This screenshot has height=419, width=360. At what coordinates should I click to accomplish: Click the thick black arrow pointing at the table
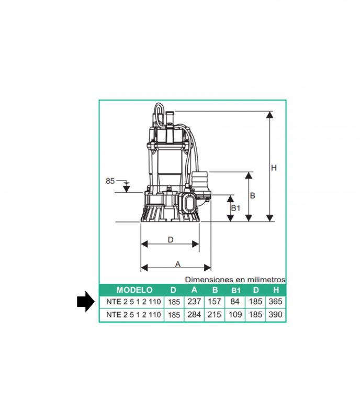[x=85, y=302]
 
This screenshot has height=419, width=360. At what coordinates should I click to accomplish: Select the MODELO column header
[x=134, y=290]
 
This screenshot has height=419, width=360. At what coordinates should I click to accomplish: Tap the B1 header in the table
[x=235, y=290]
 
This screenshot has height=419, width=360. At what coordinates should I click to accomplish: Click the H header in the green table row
[x=276, y=290]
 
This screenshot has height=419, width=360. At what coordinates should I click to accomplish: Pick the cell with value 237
[x=194, y=302]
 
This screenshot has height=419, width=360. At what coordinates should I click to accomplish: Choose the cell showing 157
[x=215, y=302]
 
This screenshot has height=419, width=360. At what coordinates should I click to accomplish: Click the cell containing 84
[x=235, y=302]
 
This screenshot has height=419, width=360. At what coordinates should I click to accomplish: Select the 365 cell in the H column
[x=276, y=302]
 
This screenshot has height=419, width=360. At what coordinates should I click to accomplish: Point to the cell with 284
[x=194, y=315]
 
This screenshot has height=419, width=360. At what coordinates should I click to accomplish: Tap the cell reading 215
[x=215, y=315]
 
